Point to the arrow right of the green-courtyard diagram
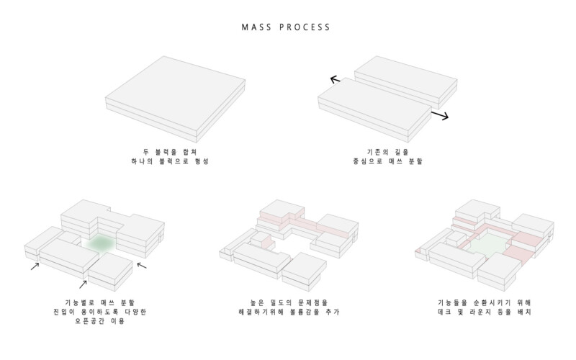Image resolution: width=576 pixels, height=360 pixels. pos(141,265)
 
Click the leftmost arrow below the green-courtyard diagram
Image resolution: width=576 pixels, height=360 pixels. pos(35,267)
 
